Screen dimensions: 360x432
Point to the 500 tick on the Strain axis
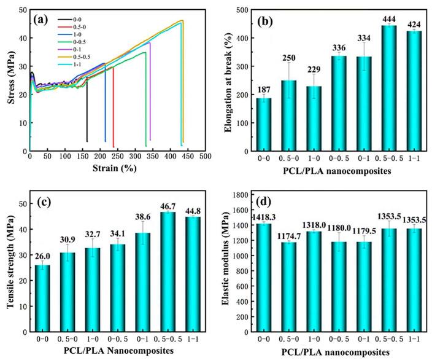[x=204, y=157]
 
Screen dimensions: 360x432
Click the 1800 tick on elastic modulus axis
[x=244, y=195]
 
